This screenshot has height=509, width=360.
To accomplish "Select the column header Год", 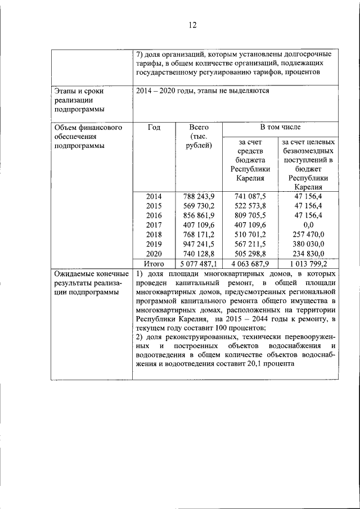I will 154,128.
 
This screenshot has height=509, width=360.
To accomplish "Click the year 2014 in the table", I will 154,196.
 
